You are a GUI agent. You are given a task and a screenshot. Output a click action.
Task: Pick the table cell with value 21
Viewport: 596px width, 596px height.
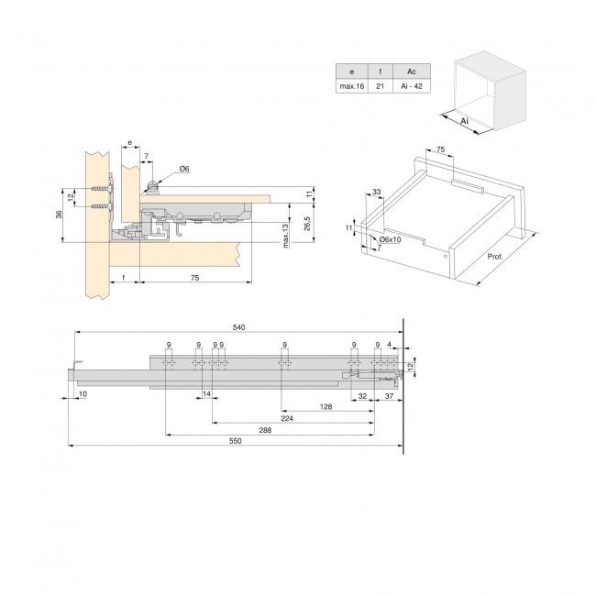tap(381, 85)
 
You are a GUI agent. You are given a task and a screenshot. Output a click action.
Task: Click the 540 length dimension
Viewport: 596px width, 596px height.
tap(240, 326)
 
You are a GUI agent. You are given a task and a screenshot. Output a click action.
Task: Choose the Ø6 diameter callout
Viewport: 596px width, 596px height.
tap(183, 169)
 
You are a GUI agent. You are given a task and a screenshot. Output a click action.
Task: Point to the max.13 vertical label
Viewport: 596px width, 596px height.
tap(286, 237)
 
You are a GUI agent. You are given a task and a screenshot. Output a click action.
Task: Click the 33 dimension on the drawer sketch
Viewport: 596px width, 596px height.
tap(377, 193)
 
